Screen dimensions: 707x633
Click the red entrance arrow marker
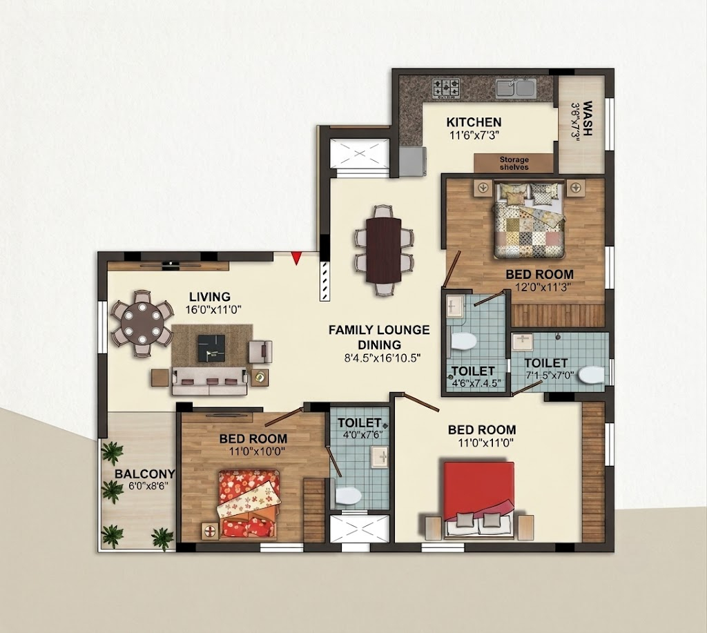point(296,257)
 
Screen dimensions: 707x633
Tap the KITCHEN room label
point(474,122)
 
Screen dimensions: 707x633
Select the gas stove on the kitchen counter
point(447,88)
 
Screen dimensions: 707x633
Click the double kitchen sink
point(516,88)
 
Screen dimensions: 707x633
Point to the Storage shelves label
point(514,163)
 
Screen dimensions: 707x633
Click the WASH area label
point(587,118)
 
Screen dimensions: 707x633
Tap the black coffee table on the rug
point(211,348)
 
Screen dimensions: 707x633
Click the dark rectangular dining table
point(384,250)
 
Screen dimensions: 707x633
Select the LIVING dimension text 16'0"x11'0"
point(214,310)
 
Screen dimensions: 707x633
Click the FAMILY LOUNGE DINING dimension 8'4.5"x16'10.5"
point(382,358)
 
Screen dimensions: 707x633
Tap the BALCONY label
point(145,474)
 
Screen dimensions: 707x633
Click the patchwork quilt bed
point(529,220)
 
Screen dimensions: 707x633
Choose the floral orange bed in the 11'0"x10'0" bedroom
point(248,504)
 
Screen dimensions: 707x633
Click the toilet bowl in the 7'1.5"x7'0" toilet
point(591,375)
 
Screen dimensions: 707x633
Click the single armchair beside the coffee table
point(260,351)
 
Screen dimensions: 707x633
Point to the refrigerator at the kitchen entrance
point(411,161)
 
